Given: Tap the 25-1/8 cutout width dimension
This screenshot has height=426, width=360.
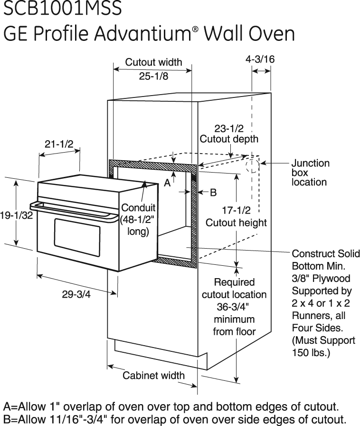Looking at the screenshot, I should click(153, 76).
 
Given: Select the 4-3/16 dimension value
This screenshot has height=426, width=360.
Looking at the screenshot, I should click(260, 59).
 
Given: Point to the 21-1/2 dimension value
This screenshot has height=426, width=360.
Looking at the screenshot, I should click(59, 144).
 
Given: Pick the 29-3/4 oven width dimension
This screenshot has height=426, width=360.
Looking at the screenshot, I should click(76, 294).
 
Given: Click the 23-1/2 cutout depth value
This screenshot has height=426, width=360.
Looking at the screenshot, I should click(229, 128).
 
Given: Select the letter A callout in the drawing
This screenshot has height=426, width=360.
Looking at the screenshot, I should click(168, 183).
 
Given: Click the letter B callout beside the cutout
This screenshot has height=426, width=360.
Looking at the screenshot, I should click(213, 192).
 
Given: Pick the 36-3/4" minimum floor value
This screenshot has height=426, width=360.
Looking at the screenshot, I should click(234, 307).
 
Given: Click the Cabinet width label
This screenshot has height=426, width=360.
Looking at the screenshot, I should click(153, 376).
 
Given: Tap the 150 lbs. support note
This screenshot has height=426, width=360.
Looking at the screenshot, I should click(311, 354).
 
